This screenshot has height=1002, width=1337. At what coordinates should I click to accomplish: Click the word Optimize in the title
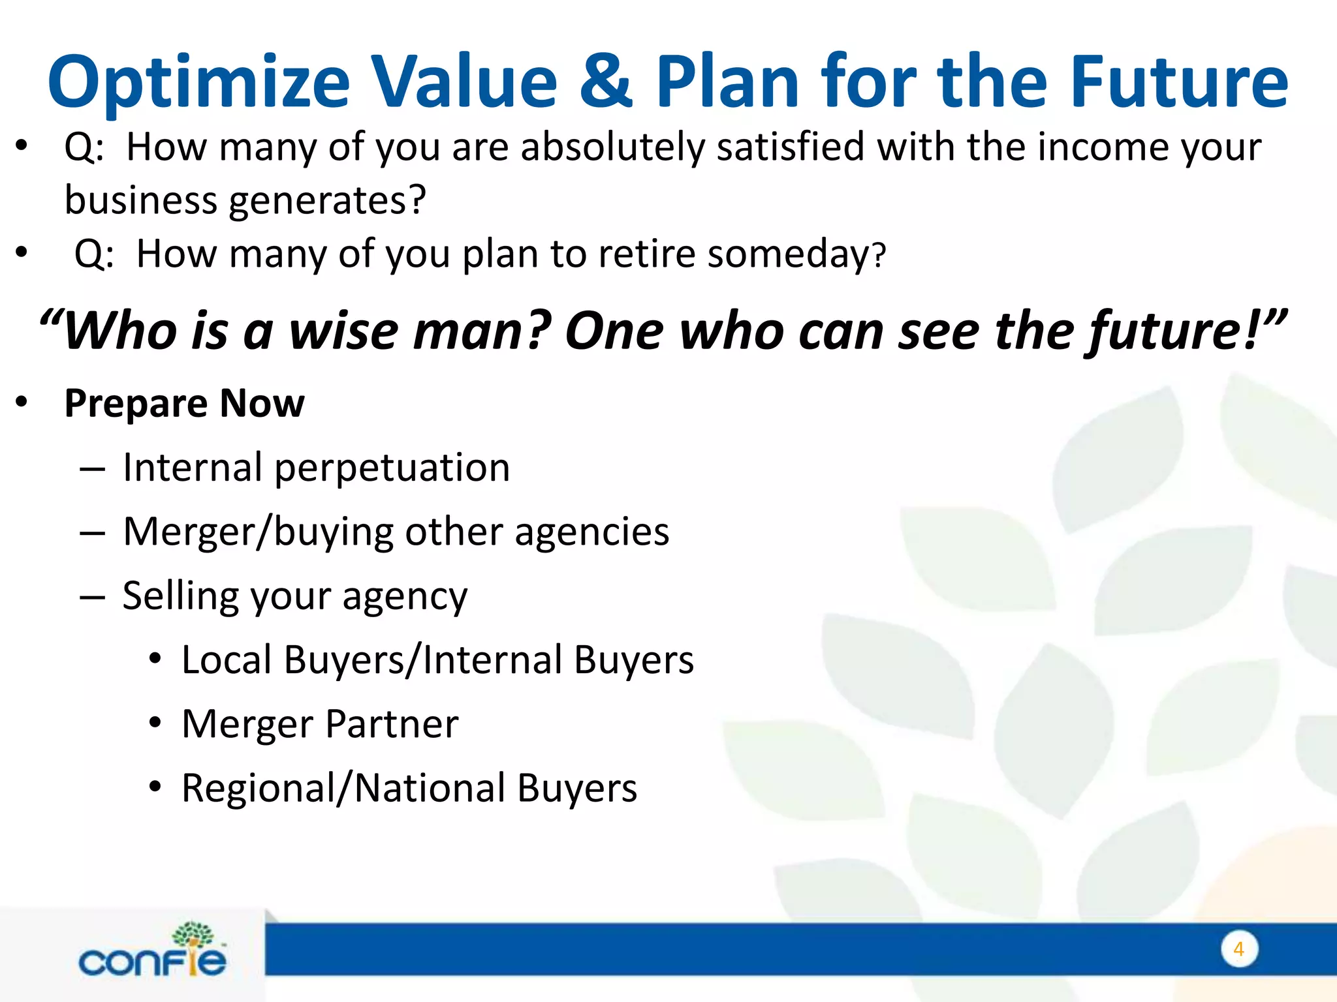(199, 83)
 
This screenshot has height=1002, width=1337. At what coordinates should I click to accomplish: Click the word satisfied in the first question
(791, 147)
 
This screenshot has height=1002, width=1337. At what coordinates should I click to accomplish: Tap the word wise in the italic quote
(343, 331)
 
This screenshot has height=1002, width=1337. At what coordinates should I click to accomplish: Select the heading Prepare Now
(184, 403)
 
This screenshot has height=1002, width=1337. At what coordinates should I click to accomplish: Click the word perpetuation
(392, 468)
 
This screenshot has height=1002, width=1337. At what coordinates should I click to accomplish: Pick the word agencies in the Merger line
(591, 532)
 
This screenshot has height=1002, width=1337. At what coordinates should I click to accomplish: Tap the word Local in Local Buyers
(226, 660)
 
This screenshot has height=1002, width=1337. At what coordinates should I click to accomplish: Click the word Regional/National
(343, 788)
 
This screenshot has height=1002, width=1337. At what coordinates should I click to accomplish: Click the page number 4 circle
(1238, 949)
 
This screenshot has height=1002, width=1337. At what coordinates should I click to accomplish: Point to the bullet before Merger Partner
(155, 723)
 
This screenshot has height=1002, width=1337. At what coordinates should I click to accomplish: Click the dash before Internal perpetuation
(92, 469)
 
